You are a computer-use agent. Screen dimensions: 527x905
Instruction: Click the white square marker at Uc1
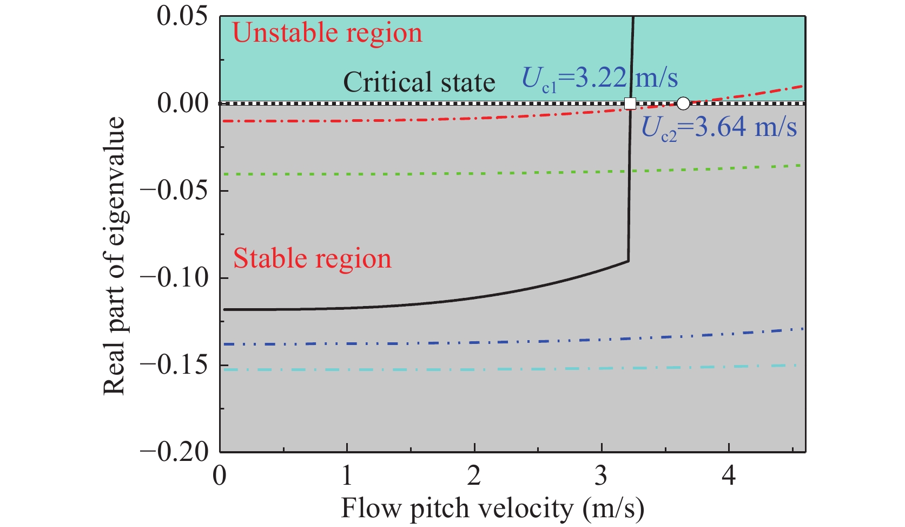pos(630,103)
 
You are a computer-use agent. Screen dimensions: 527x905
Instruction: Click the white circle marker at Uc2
pos(683,103)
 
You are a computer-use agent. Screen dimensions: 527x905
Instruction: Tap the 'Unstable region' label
pos(327,33)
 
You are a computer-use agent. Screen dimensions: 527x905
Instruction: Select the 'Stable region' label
pos(312,259)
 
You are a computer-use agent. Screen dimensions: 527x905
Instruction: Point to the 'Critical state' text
pos(419,83)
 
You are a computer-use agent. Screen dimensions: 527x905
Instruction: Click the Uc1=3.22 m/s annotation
pos(599,79)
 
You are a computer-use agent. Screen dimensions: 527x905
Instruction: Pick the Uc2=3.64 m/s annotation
pos(719,128)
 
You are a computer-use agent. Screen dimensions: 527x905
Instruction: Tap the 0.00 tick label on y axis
pos(182,103)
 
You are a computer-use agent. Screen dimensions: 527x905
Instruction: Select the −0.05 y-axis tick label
pos(174,191)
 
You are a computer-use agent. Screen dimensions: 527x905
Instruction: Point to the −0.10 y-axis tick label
pos(174,278)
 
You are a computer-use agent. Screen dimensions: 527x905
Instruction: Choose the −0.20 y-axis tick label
pos(174,452)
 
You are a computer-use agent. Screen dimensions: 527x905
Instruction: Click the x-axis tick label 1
pos(347,476)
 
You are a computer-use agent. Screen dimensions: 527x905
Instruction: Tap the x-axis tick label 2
pos(474,476)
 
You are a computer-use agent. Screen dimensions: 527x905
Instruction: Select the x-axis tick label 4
pos(729,476)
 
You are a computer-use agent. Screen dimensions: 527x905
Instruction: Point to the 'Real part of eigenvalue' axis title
pos(115,256)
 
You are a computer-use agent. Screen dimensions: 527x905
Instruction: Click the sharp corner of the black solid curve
pos(628,261)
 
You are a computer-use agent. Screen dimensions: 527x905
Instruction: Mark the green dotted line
pos(433,173)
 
